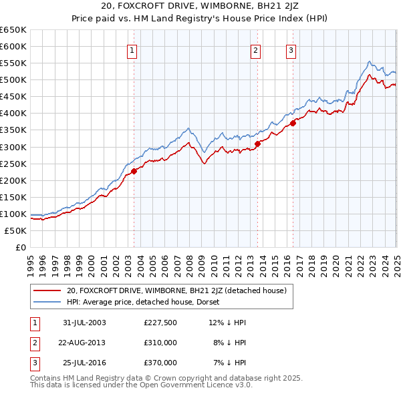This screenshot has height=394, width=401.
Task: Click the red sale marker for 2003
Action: (134, 171)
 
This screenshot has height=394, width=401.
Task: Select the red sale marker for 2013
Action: (257, 143)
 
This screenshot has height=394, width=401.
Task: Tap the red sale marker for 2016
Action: (293, 123)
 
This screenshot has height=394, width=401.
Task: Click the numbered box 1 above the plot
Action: (132, 50)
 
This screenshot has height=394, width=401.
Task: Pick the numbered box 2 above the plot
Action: (255, 50)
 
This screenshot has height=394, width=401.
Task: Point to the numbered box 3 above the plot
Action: (291, 50)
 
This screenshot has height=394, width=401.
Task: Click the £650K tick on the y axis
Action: (13, 30)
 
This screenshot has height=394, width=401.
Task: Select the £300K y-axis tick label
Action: (13, 147)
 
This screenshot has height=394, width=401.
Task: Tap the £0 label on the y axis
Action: (20, 247)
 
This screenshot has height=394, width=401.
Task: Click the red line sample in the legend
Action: (46, 290)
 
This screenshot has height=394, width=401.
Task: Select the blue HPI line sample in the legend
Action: (46, 302)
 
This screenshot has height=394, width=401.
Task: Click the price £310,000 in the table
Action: (160, 343)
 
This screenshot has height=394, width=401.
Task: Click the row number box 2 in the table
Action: (34, 343)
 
